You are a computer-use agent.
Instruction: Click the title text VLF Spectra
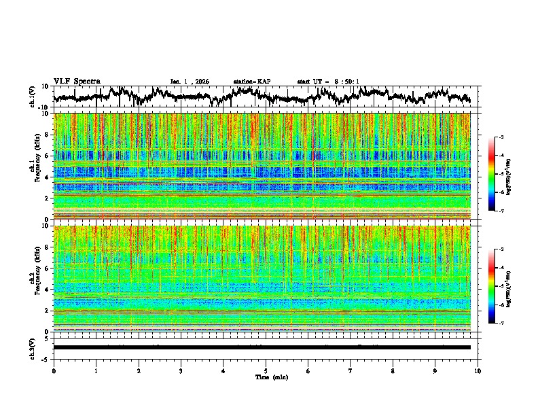point(77,82)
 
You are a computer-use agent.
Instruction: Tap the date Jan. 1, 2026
point(190,82)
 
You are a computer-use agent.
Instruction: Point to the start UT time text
point(328,82)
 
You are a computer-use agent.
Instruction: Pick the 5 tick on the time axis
point(266,370)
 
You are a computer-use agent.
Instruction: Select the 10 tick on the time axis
point(478,370)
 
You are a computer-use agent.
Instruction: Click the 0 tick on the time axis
point(54,370)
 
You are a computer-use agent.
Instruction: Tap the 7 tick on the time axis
point(351,370)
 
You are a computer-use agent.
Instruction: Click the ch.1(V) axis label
point(33,97)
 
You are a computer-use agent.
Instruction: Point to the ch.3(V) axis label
point(33,347)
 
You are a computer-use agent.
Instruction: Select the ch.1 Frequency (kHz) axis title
point(35,166)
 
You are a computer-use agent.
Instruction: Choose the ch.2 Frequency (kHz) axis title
point(35,278)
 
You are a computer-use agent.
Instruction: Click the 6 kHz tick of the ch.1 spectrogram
point(46,156)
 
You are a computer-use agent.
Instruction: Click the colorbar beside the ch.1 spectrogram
point(491,175)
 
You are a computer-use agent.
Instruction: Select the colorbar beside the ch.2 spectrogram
point(491,286)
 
